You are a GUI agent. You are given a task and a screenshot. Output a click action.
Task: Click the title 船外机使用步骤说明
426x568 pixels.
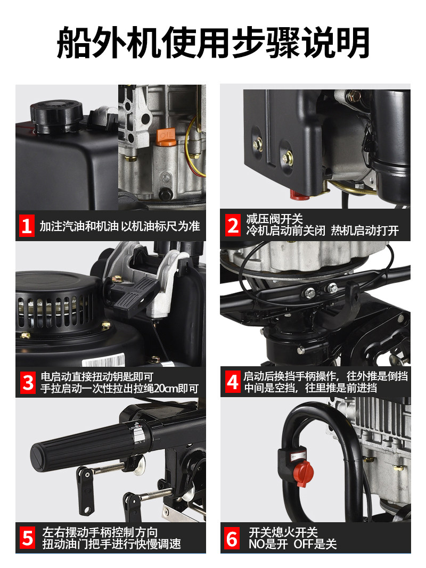(213, 43)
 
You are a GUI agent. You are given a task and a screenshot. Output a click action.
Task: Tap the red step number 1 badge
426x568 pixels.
(27, 226)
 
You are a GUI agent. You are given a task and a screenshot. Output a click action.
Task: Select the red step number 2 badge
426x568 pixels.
(233, 225)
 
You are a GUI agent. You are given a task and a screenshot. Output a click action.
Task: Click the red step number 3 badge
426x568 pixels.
(28, 383)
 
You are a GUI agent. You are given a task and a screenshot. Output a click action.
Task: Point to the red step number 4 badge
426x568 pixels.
(232, 382)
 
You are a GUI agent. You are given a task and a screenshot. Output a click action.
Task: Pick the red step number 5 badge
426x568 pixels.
(28, 538)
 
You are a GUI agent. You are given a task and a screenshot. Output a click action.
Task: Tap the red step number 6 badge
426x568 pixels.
(232, 538)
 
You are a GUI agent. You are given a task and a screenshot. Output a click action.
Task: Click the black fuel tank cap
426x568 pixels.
(56, 112)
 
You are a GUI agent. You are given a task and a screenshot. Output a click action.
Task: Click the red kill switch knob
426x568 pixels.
(303, 473)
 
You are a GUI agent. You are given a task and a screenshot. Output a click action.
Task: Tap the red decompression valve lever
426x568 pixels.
(299, 195)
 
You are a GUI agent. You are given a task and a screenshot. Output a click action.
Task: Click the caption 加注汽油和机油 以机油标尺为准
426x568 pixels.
(119, 226)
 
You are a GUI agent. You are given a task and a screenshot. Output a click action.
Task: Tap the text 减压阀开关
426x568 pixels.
(274, 219)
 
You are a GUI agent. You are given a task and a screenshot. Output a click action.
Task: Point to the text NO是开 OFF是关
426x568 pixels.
(293, 544)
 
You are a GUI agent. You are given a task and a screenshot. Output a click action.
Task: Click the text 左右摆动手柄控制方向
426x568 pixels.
(100, 532)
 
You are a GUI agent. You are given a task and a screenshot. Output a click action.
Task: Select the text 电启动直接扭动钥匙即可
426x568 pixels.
(97, 377)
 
